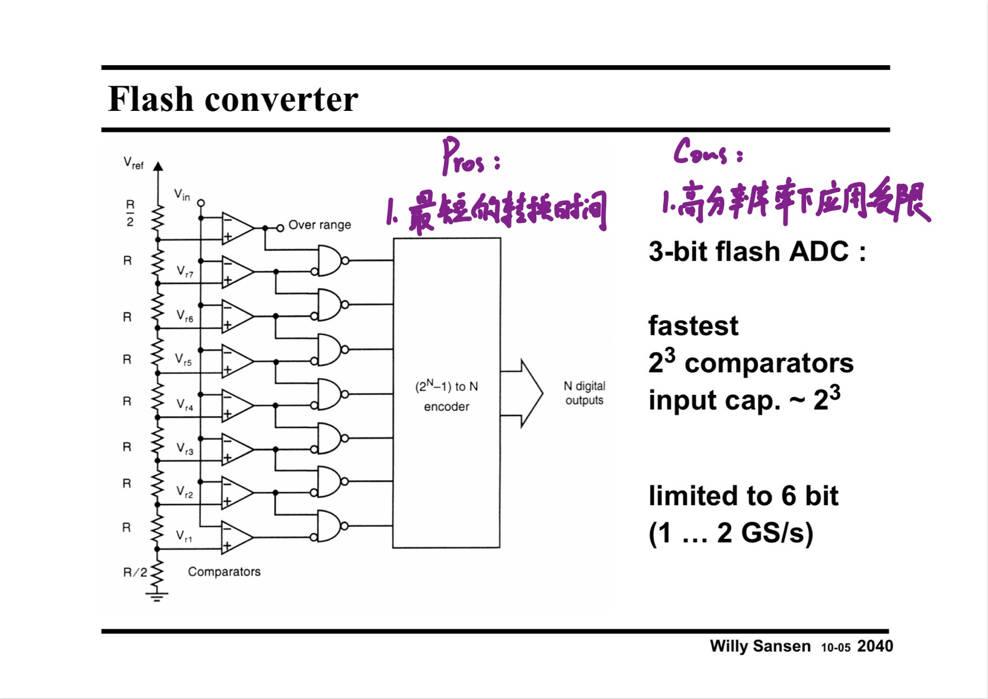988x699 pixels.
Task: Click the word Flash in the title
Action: click(x=151, y=99)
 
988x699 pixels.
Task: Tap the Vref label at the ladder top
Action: click(x=133, y=163)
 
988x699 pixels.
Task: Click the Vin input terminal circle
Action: click(x=201, y=203)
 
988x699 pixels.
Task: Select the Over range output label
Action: click(x=319, y=225)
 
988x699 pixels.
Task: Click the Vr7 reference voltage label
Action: click(x=185, y=272)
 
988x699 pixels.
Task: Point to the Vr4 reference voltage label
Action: click(x=185, y=405)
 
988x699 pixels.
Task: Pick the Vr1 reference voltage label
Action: click(x=184, y=537)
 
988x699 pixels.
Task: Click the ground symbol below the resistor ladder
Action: click(x=156, y=595)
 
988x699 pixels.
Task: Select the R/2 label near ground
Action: click(x=135, y=572)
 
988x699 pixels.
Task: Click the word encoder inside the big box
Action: click(x=446, y=407)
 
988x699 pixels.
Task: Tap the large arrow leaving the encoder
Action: click(x=525, y=392)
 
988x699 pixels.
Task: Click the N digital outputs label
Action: click(x=584, y=393)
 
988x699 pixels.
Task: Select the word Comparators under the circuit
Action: click(x=224, y=572)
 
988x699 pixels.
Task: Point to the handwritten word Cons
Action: click(x=701, y=152)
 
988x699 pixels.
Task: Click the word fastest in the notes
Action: click(x=693, y=326)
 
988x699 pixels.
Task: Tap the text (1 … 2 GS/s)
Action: click(x=730, y=533)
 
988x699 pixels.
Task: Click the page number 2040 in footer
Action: click(x=875, y=646)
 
